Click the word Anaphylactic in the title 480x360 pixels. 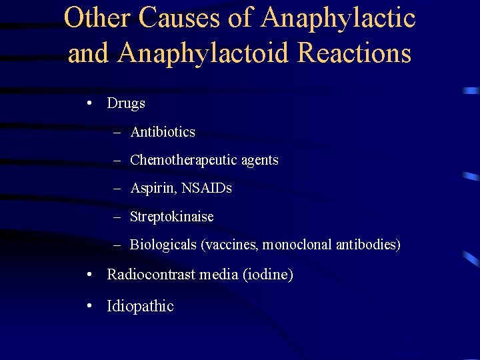[x=339, y=19]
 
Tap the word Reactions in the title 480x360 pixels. [x=355, y=53]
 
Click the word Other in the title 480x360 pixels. [x=97, y=19]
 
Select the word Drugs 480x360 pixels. [x=126, y=103]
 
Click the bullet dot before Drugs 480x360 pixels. [x=89, y=104]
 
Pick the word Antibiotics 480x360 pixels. [x=163, y=132]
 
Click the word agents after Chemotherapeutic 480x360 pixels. [x=258, y=161]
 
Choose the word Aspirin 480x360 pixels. [x=152, y=189]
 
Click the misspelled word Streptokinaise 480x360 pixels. [x=171, y=217]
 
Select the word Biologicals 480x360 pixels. [x=163, y=245]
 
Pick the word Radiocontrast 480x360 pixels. [x=149, y=274]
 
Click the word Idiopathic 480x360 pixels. [x=140, y=306]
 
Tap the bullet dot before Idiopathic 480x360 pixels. [x=89, y=307]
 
